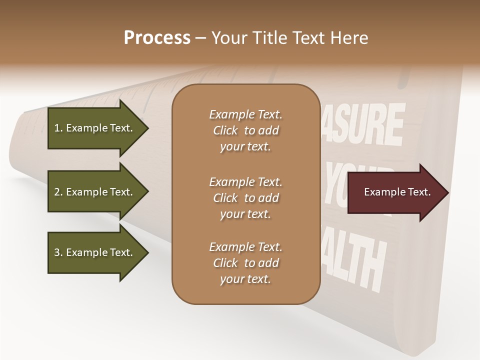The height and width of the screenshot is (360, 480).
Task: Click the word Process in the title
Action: pyautogui.click(x=157, y=38)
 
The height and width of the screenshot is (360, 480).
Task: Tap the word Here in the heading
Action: pyautogui.click(x=349, y=38)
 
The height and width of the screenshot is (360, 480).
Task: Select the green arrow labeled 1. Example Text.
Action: pyautogui.click(x=95, y=128)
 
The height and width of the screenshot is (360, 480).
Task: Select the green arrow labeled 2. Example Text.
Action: pyautogui.click(x=95, y=192)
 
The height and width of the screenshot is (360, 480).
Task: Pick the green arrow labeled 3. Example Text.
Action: pyautogui.click(x=95, y=252)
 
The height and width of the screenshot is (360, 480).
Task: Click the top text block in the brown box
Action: pyautogui.click(x=245, y=130)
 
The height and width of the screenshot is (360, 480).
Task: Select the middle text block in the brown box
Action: pyautogui.click(x=245, y=197)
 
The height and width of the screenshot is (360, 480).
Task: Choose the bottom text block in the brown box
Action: pyautogui.click(x=245, y=263)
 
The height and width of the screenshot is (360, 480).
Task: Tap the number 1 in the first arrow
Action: pyautogui.click(x=56, y=128)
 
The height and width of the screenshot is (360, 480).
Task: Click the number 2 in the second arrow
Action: pyautogui.click(x=56, y=192)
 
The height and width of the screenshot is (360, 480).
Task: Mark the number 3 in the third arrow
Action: pyautogui.click(x=56, y=252)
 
